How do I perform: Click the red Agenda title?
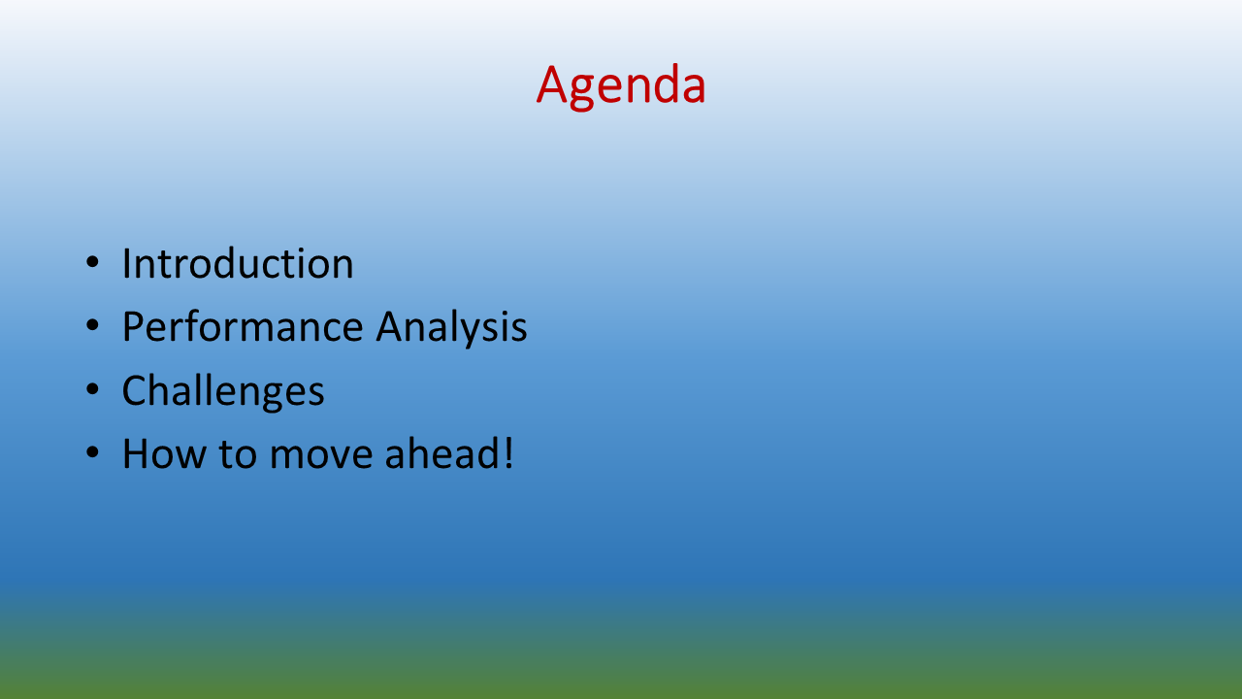click(621, 86)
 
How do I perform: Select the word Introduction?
click(238, 263)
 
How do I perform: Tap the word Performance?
click(243, 326)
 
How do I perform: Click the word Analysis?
click(451, 328)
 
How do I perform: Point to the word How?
click(164, 453)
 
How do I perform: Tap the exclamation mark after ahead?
click(508, 452)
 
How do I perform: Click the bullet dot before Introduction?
click(92, 262)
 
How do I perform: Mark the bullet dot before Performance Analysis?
click(92, 325)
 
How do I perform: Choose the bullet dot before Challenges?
click(92, 389)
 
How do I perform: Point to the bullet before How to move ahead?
click(92, 452)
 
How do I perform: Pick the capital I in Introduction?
click(126, 263)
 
